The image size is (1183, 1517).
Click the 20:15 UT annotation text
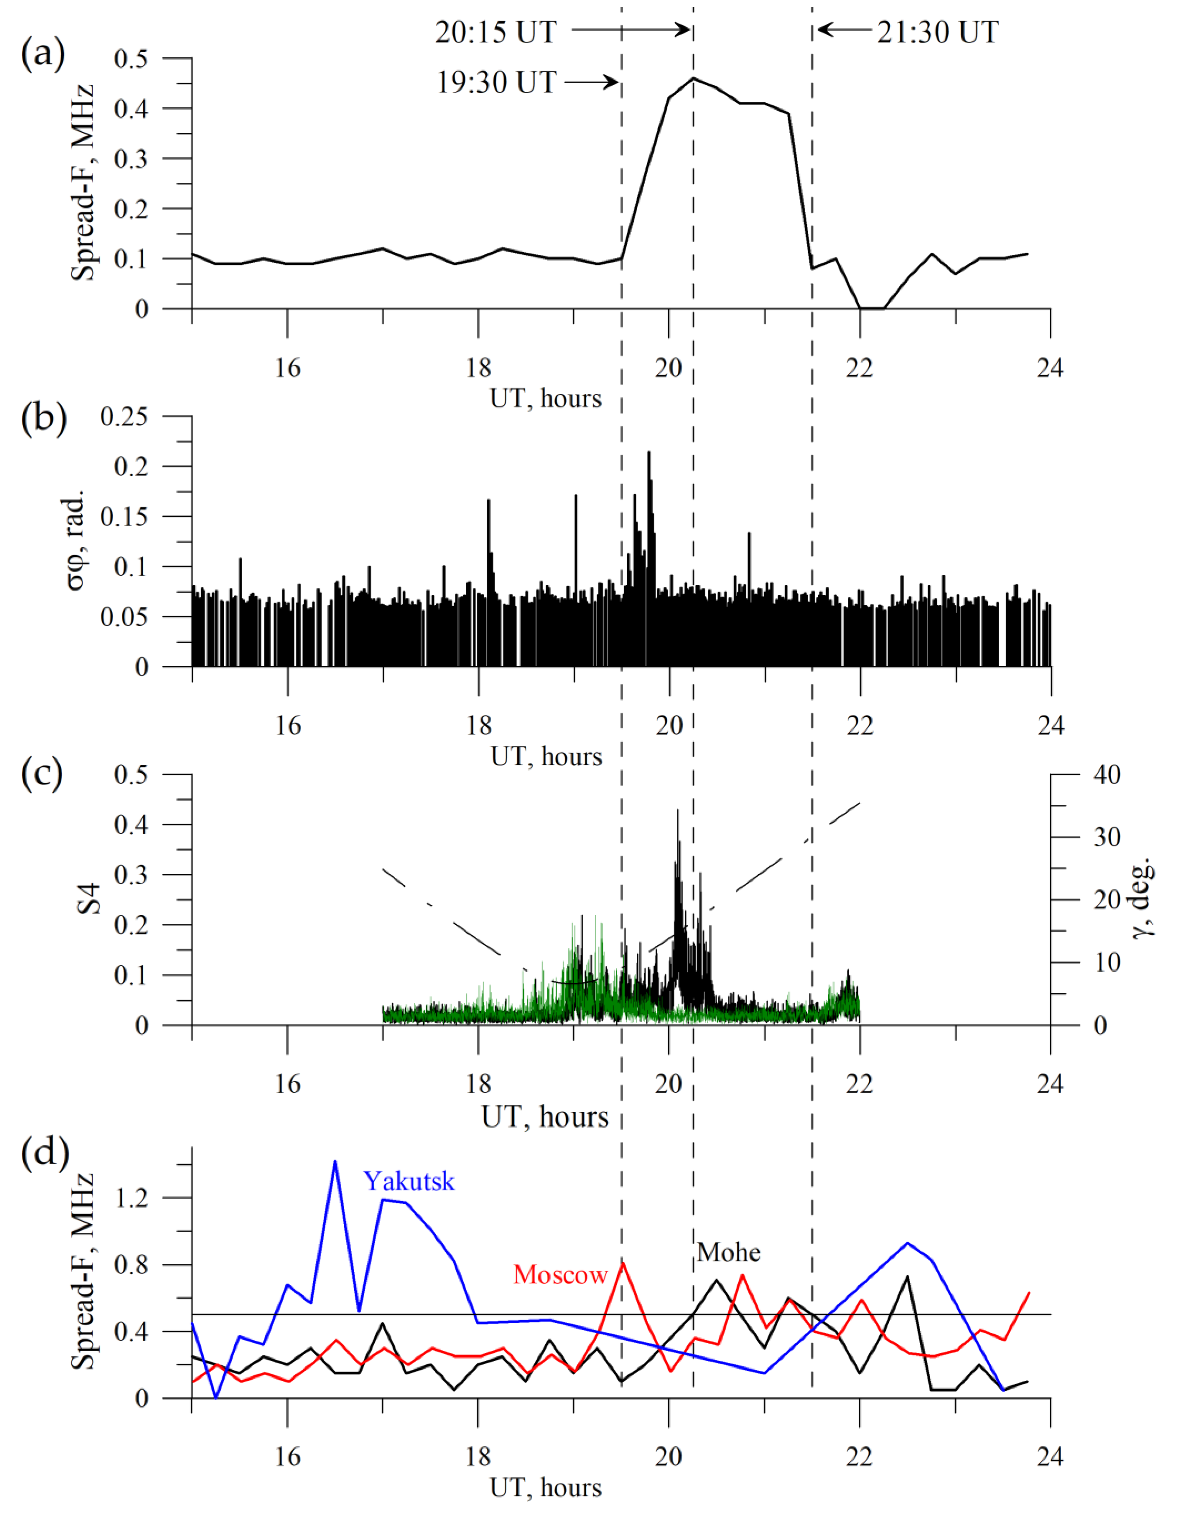pyautogui.click(x=496, y=32)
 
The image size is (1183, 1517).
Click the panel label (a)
pyautogui.click(x=43, y=54)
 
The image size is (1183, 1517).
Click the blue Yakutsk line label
pyautogui.click(x=409, y=1181)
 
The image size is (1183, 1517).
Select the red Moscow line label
pyautogui.click(x=560, y=1275)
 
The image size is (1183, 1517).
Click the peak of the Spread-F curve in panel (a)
pyautogui.click(x=693, y=78)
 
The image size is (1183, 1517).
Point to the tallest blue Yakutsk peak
pyautogui.click(x=335, y=1161)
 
